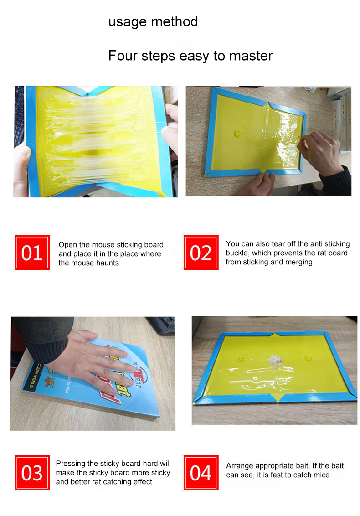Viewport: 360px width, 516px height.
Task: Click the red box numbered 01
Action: (x=32, y=253)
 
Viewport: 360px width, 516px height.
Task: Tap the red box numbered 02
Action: (x=201, y=253)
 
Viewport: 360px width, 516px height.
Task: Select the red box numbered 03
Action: (x=32, y=473)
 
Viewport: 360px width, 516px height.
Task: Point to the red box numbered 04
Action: (x=201, y=473)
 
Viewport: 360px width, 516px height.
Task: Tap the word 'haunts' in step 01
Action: (x=107, y=263)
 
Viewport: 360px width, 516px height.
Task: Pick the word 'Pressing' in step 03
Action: (x=71, y=464)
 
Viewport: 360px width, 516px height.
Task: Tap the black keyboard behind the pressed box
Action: (x=160, y=325)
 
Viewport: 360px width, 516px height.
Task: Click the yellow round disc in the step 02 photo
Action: (x=238, y=134)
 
